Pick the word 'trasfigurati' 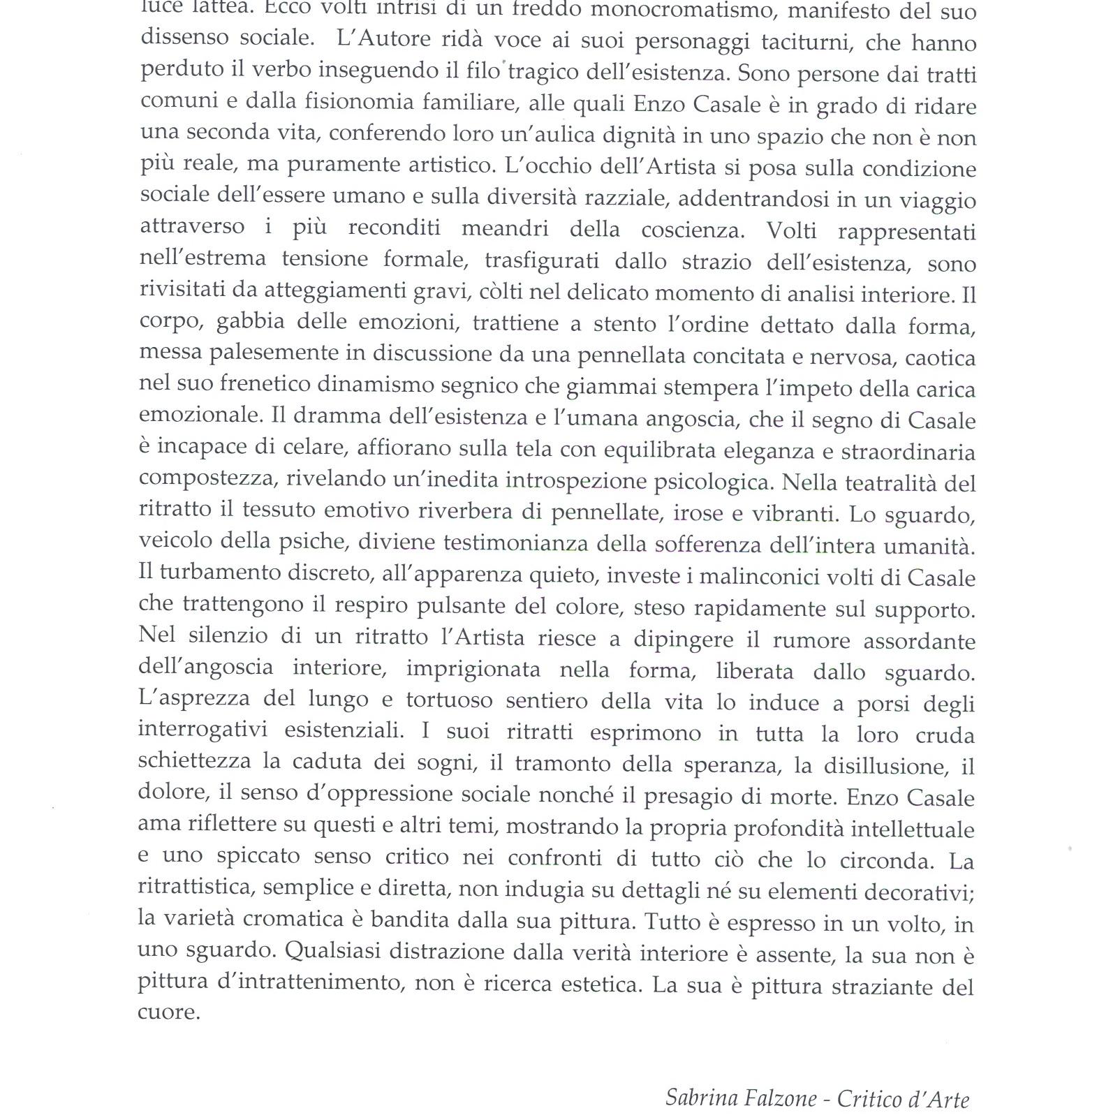tap(542, 261)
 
